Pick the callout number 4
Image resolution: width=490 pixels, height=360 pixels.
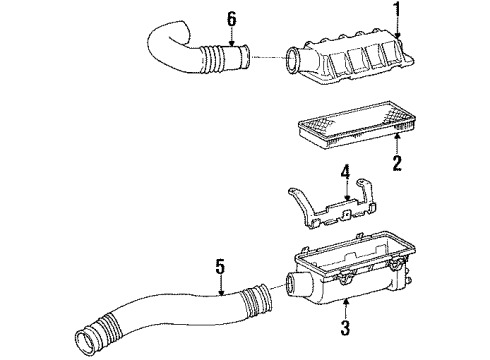(x=343, y=182)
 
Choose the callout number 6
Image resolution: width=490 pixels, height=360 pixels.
(x=232, y=17)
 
